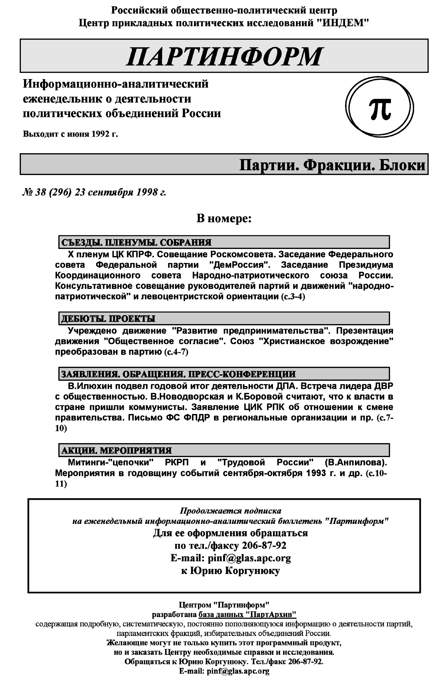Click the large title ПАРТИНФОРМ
click(x=224, y=56)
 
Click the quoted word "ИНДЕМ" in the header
click(x=343, y=23)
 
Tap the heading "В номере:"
click(x=224, y=218)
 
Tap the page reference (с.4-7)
click(x=176, y=352)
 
